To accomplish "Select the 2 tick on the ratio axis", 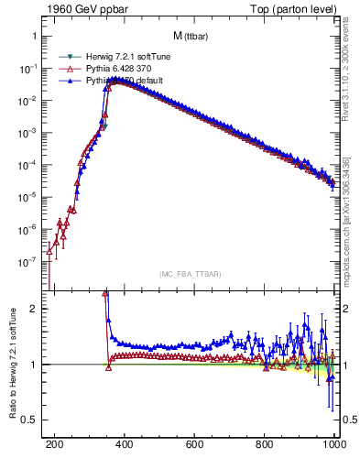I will (34, 309).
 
